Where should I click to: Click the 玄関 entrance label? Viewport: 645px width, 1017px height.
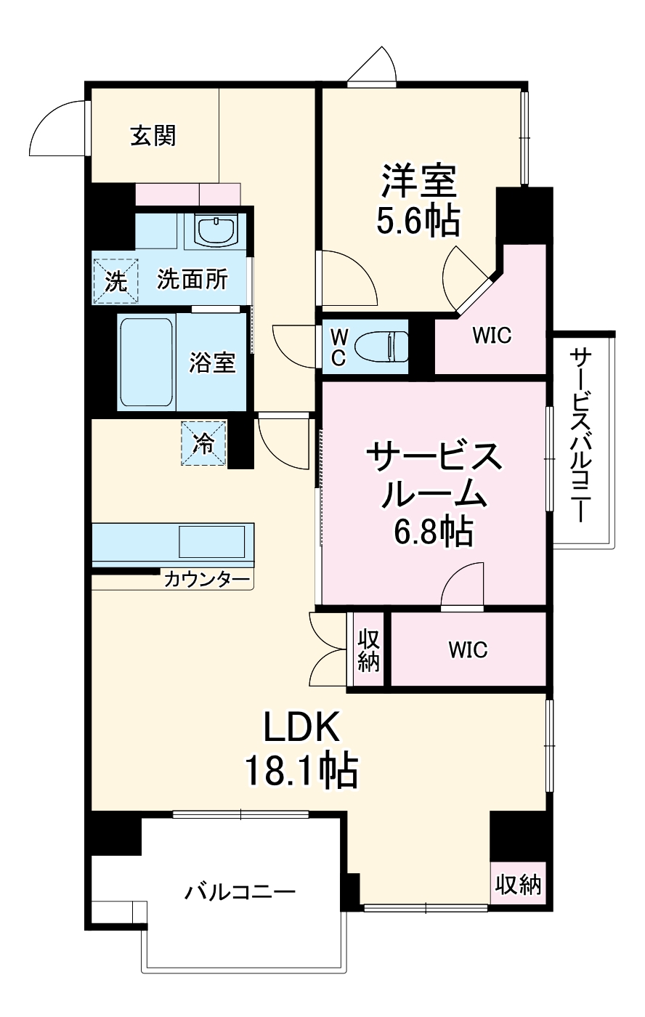[x=153, y=135]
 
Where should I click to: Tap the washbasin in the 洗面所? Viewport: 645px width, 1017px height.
[x=216, y=230]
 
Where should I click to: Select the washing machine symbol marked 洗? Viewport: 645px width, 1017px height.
[x=115, y=280]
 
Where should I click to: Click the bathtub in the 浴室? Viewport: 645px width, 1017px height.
[x=146, y=362]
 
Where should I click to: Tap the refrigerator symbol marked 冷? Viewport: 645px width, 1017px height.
[x=204, y=442]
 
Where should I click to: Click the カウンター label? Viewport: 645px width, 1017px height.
[x=206, y=579]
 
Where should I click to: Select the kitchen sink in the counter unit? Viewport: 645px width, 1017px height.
[x=211, y=542]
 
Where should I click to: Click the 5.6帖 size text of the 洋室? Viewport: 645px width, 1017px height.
[x=418, y=222]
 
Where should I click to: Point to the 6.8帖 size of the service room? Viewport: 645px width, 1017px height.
[x=433, y=532]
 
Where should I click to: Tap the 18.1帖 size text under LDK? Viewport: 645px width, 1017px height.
[x=301, y=771]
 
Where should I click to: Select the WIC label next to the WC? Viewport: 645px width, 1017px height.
[x=492, y=336]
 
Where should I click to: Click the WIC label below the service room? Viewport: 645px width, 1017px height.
[x=468, y=649]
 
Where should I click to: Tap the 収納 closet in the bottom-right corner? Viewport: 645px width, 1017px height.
[x=519, y=884]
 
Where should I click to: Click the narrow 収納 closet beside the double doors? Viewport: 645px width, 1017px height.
[x=368, y=649]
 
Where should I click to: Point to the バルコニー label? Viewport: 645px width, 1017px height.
[x=239, y=891]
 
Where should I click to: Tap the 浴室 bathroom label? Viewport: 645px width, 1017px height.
[x=213, y=362]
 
